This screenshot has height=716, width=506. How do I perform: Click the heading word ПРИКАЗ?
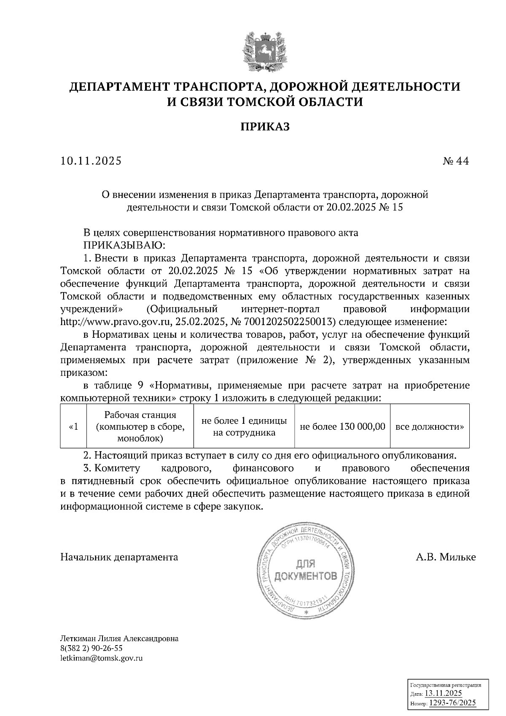[x=265, y=127]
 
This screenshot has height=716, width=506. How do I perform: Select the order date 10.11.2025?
[x=91, y=161]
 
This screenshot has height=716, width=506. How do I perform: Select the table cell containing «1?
[x=73, y=426]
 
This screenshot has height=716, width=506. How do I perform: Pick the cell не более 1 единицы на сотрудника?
[x=244, y=426]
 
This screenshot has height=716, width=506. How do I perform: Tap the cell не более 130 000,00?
[x=342, y=426]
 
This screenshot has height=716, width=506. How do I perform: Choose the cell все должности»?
[x=430, y=426]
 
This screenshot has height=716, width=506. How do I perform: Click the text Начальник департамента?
[x=119, y=557]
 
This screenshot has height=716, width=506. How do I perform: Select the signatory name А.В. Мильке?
[x=446, y=557]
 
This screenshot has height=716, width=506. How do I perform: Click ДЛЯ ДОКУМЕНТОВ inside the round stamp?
[x=306, y=571]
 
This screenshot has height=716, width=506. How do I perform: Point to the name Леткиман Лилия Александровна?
[x=119, y=638]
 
